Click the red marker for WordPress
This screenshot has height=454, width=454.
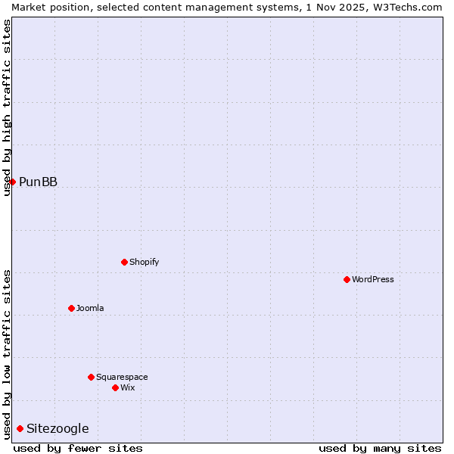(x=347, y=279)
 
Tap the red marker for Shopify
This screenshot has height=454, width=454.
(x=124, y=262)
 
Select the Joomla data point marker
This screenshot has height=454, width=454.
(x=71, y=308)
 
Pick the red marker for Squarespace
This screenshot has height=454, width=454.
(x=91, y=377)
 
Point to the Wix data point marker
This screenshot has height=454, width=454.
(x=115, y=387)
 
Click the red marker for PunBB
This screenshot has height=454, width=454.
(x=12, y=182)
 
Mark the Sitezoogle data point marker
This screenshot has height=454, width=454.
(x=20, y=428)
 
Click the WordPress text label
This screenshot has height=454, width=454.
(x=373, y=279)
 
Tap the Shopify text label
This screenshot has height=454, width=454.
(x=145, y=262)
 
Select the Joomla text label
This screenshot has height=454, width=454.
(x=90, y=308)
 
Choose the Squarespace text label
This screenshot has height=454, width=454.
(x=122, y=377)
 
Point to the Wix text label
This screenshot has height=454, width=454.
(x=128, y=387)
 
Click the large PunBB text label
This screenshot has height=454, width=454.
(x=38, y=182)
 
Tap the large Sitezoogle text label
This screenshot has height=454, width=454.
(x=58, y=428)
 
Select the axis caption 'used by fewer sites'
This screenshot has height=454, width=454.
(x=78, y=448)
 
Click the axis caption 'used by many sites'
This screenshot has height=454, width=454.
(x=380, y=448)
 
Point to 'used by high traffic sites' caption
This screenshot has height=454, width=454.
(x=7, y=107)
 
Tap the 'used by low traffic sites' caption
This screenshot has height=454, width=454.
(x=7, y=354)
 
